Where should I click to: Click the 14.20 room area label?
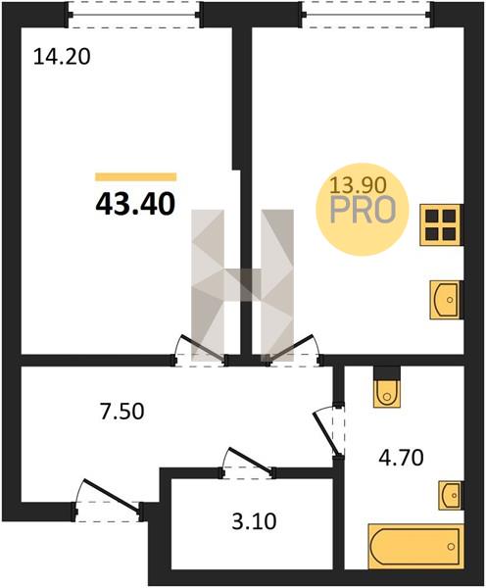point(62,58)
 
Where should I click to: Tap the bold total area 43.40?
point(135,205)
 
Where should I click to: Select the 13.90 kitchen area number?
point(358,185)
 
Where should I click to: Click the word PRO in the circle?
point(363,210)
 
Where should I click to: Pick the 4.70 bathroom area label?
point(401,458)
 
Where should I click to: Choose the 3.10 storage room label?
point(254,521)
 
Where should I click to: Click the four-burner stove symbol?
point(440,225)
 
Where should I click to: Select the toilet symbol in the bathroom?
point(387,393)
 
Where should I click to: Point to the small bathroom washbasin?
point(452,495)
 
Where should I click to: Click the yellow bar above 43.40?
point(136,177)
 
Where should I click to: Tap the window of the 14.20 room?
point(135,15)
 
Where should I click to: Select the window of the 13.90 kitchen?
point(367,15)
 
